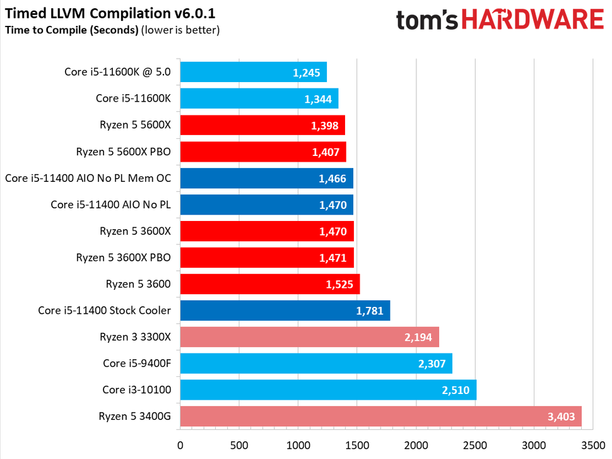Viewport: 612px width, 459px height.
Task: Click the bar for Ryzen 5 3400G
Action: pyautogui.click(x=380, y=417)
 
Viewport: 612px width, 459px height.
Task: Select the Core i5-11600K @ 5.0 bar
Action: pyautogui.click(x=253, y=72)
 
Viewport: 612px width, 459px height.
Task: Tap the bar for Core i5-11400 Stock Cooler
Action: pyautogui.click(x=285, y=311)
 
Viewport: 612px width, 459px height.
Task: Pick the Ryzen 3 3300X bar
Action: pyautogui.click(x=309, y=337)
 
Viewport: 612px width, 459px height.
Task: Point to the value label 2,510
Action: pyautogui.click(x=456, y=390)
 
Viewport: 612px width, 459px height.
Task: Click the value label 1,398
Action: pyautogui.click(x=325, y=125)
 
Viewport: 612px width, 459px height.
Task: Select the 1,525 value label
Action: pyautogui.click(x=339, y=284)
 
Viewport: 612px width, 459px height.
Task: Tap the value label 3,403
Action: pyautogui.click(x=561, y=417)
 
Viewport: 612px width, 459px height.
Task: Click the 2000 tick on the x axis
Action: pyautogui.click(x=416, y=444)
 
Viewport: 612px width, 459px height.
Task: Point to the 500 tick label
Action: pyautogui.click(x=239, y=444)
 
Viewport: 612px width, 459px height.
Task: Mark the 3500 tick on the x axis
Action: pyautogui.click(x=593, y=444)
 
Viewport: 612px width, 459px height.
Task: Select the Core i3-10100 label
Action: pyautogui.click(x=136, y=390)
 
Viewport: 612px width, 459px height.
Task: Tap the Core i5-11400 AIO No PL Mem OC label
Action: pyautogui.click(x=88, y=178)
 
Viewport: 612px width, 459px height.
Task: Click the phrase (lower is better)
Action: pyautogui.click(x=180, y=30)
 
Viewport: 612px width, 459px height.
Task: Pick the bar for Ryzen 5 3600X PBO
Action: pyautogui.click(x=267, y=258)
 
